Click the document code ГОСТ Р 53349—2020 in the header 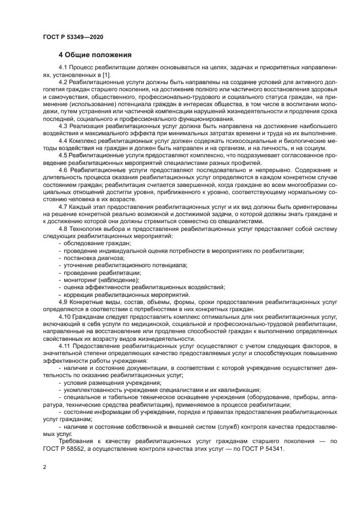pos(73,37)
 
